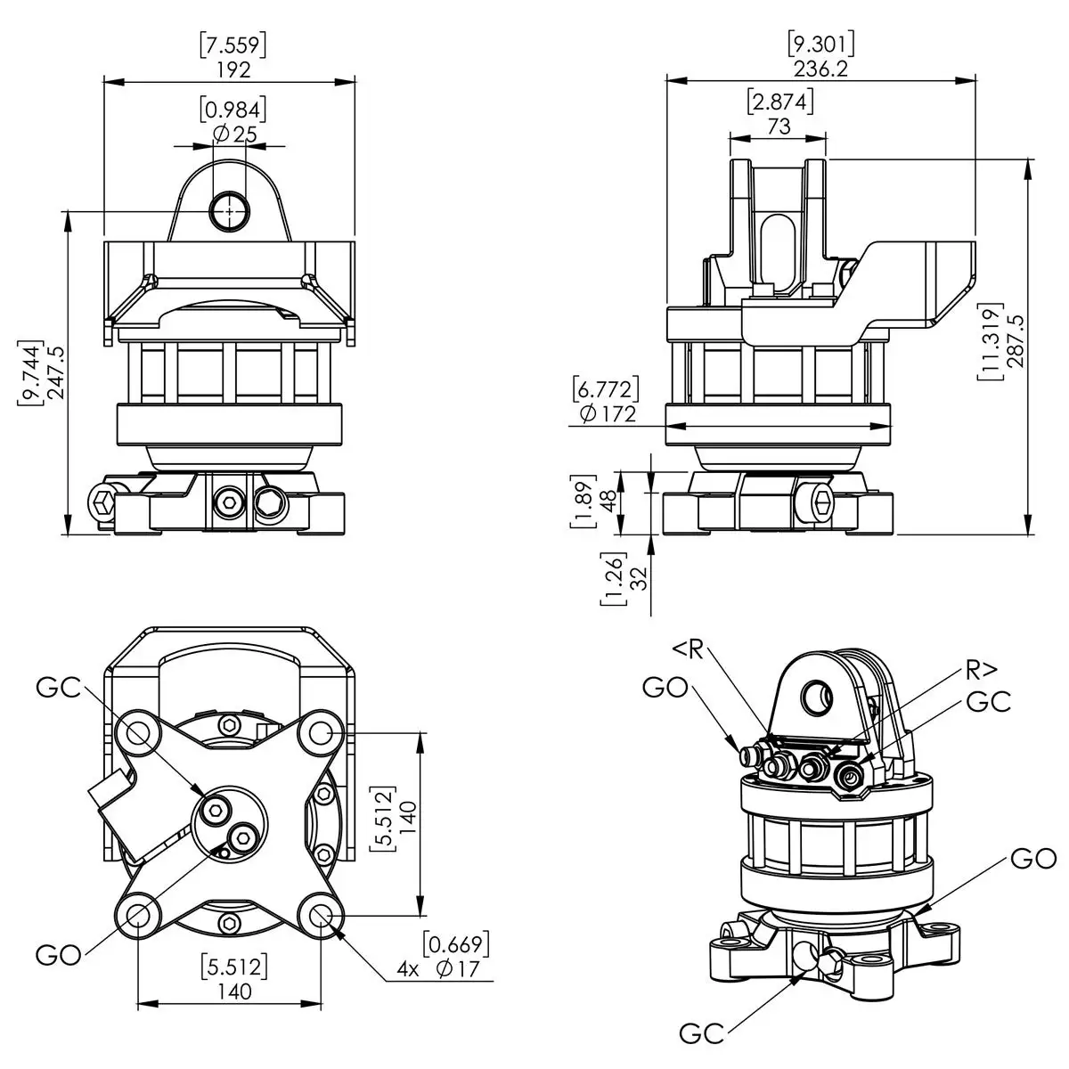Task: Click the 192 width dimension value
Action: pos(233,69)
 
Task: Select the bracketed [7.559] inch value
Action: pos(233,44)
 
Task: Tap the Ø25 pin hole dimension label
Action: pos(233,134)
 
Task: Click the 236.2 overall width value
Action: pos(820,69)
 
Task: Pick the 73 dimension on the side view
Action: pos(779,126)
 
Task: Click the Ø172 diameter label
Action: pos(607,413)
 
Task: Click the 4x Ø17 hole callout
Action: pos(442,969)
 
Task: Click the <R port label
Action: pos(688,649)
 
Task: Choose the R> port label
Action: pos(980,668)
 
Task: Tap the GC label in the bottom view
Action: pos(59,687)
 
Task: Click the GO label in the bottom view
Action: pos(59,955)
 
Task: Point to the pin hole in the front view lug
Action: pos(230,210)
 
